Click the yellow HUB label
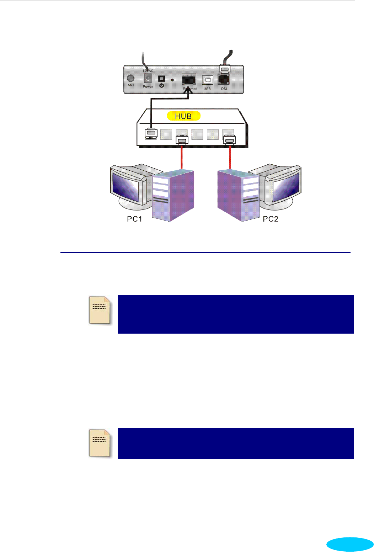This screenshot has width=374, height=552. pyautogui.click(x=183, y=116)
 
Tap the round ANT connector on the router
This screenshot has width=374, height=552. pyautogui.click(x=131, y=78)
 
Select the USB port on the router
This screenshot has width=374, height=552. pyautogui.click(x=207, y=80)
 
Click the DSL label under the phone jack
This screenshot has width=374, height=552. pyautogui.click(x=225, y=89)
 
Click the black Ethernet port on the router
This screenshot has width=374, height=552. pyautogui.click(x=188, y=79)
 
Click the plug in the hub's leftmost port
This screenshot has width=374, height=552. pyautogui.click(x=151, y=133)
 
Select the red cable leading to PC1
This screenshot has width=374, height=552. pyautogui.click(x=182, y=156)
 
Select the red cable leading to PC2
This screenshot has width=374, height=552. pyautogui.click(x=230, y=156)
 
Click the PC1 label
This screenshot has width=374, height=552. pyautogui.click(x=135, y=219)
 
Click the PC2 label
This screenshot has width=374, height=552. pyautogui.click(x=271, y=219)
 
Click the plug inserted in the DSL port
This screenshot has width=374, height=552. pyautogui.click(x=225, y=68)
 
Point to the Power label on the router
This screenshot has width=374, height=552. pyautogui.click(x=148, y=86)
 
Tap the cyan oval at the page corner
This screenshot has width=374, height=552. pyautogui.click(x=350, y=544)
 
